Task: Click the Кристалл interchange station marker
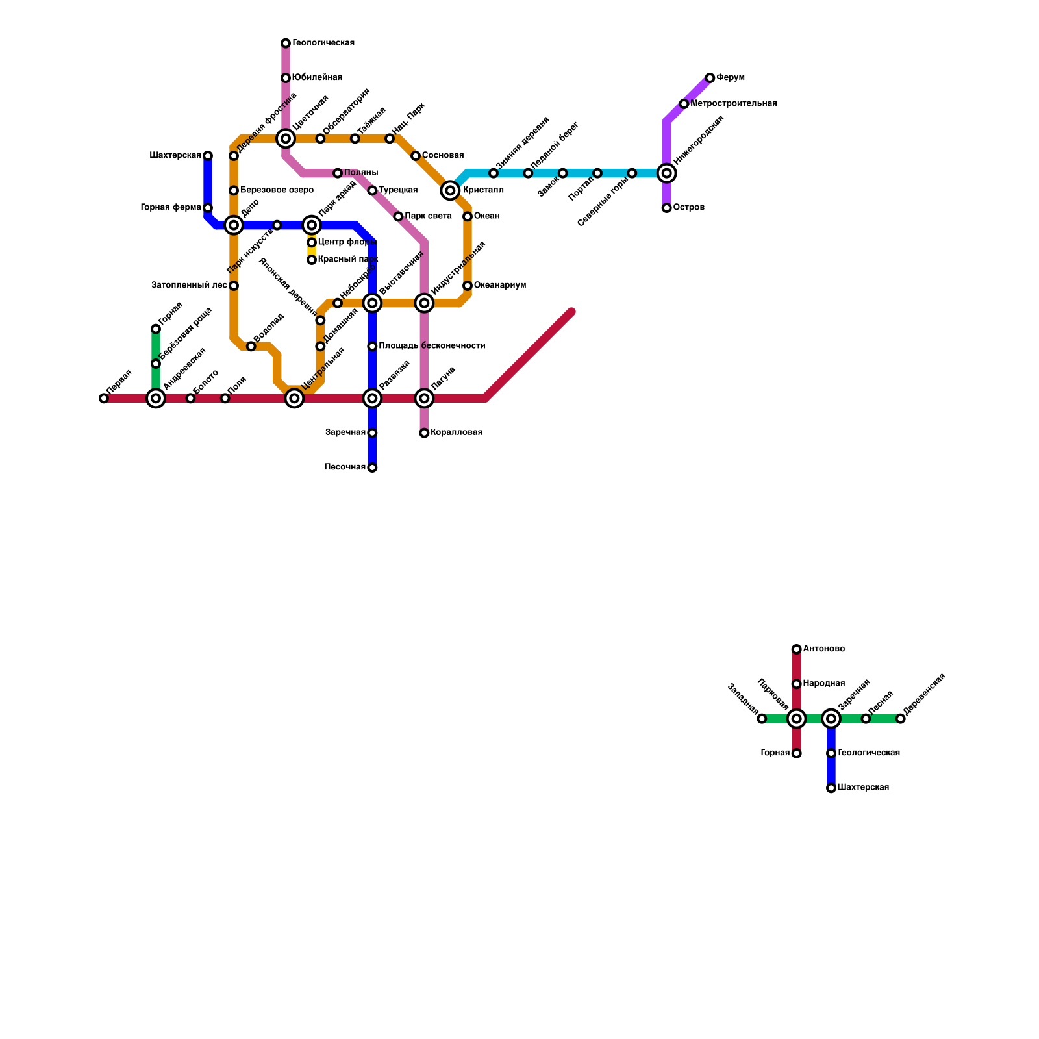450,190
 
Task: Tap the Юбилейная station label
317,78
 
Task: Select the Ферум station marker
710,78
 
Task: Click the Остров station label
688,208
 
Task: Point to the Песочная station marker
372,468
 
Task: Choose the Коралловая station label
457,432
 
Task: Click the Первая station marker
104,398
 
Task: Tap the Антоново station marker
796,649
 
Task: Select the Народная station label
823,684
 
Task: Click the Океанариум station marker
468,286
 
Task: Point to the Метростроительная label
734,104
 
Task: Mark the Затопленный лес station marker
234,286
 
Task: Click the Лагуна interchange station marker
424,398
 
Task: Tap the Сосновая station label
442,156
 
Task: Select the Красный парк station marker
312,260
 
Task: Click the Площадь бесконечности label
432,346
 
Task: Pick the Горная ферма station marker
208,208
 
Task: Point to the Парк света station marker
398,216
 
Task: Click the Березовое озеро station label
277,190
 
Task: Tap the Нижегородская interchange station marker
666,173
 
